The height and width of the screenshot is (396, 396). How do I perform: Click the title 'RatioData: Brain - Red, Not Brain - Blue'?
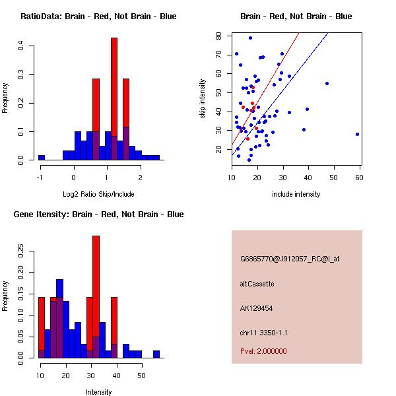[x=98, y=16]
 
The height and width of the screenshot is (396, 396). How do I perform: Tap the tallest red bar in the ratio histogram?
[x=114, y=86]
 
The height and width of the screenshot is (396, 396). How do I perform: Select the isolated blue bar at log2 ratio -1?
[x=42, y=158]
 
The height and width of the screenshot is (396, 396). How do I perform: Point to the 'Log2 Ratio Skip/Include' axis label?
[x=98, y=194]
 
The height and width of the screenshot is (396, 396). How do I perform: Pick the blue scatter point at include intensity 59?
[x=357, y=134]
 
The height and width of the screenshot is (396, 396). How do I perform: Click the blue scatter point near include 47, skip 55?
[x=327, y=84]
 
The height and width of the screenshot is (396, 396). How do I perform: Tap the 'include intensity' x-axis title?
[x=296, y=194]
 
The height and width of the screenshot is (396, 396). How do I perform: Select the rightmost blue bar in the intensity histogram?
[x=156, y=354]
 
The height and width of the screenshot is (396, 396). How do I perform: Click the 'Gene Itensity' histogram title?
[x=98, y=214]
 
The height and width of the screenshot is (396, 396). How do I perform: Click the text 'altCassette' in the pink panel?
[x=257, y=284]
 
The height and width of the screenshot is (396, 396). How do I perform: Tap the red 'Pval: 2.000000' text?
[x=263, y=351]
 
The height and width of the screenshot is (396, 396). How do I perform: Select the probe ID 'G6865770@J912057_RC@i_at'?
[x=290, y=259]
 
